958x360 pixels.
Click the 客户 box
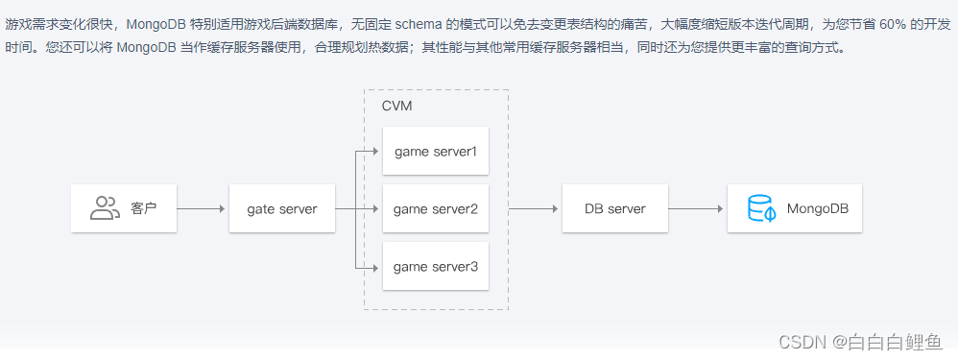pos(125,208)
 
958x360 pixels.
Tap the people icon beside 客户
pos(104,208)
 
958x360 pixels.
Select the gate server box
pos(282,208)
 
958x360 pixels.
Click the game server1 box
pos(436,152)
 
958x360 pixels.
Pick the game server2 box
pos(436,208)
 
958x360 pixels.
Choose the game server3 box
pos(436,266)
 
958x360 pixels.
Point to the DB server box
pos(614,208)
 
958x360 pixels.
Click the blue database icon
pos(761,208)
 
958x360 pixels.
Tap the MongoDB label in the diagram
pos(818,208)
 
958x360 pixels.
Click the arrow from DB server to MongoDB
pos(696,208)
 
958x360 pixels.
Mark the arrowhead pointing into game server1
pos(377,152)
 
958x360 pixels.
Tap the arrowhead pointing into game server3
pos(377,266)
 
